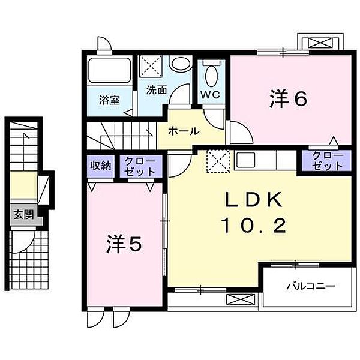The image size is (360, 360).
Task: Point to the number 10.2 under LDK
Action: click(x=252, y=226)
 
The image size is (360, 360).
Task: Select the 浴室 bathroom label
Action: click(x=109, y=100)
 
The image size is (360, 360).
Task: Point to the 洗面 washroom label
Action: click(x=157, y=91)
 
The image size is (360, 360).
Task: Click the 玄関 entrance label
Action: click(x=20, y=214)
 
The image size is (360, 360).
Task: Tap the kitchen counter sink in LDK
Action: click(x=245, y=160)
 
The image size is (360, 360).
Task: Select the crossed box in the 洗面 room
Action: click(x=151, y=65)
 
